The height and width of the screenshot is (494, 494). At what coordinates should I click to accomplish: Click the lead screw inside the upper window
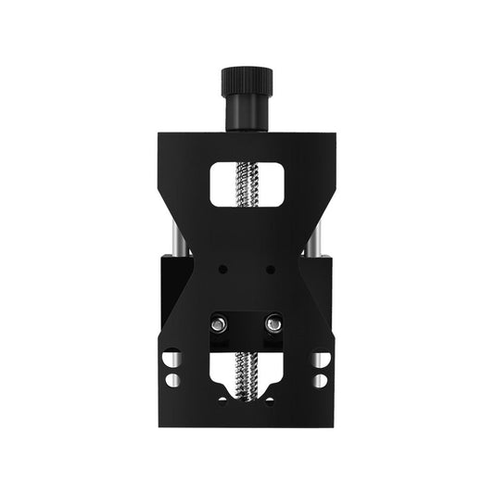coord(247,184)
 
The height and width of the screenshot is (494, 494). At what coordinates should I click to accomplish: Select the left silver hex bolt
coord(219,324)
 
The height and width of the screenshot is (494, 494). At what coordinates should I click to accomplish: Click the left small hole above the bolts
coord(222,270)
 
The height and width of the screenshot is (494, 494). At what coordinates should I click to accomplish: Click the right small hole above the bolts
coord(270,270)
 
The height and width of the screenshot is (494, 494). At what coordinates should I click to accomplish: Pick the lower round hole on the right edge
coord(321,380)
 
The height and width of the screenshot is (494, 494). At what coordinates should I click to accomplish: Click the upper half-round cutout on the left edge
coord(171,357)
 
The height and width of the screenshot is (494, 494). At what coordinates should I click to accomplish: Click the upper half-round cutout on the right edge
coord(323,357)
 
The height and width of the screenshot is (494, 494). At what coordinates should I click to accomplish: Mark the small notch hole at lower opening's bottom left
coord(222,400)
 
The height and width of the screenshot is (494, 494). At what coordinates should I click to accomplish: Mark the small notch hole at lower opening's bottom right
coord(270,400)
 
